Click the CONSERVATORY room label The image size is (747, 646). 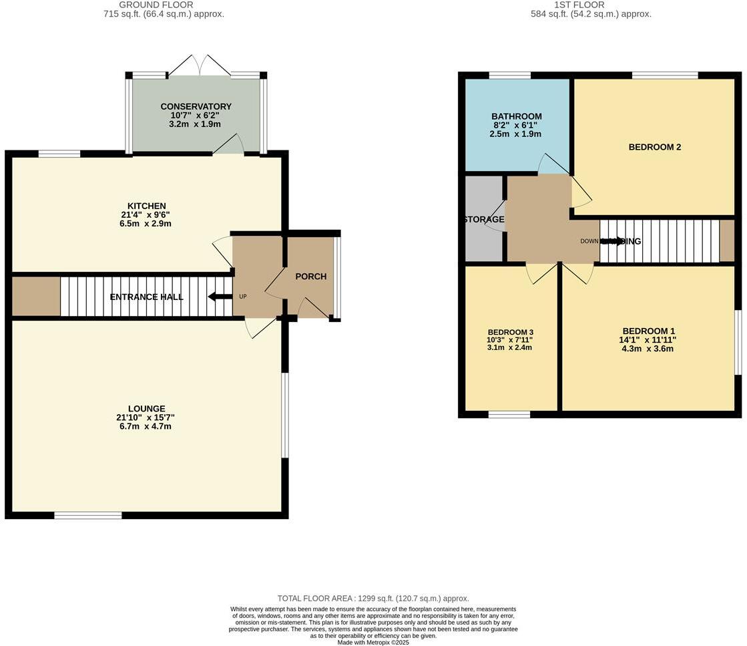pos(196,106)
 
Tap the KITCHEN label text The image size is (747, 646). pos(147,206)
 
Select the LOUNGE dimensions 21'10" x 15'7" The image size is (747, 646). pos(147,418)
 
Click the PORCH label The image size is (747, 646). pos(311,277)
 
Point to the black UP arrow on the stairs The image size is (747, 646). pos(216,297)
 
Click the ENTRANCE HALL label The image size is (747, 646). pos(146,297)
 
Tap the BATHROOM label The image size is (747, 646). pos(516,116)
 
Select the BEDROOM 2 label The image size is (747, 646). pos(654,147)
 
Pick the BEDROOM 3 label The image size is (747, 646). pos(510,332)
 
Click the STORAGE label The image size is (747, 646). pos(484,219)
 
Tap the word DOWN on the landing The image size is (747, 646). pos(589,241)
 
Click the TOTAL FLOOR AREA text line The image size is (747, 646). pos(373,599)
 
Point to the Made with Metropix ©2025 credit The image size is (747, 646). pos(373,642)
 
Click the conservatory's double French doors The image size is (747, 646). pos(198,65)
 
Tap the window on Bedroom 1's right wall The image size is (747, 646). pos(738,342)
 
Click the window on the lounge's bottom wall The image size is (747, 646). pos(88,515)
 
